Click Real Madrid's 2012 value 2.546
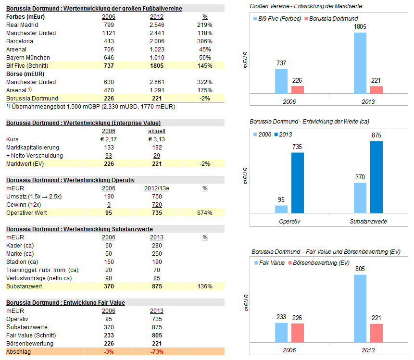coord(157,25)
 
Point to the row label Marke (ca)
coord(20,254)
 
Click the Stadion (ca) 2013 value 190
coord(157,262)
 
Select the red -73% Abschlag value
coord(157,352)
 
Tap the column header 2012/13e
coord(157,188)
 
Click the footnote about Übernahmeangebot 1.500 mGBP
coord(92,106)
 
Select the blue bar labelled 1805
coord(360,62)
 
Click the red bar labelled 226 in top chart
coord(298,89)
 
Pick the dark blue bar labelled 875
coord(376,177)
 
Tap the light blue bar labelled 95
coord(281,209)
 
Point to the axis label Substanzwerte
coord(368,222)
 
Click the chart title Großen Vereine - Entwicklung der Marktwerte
coord(306,5)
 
